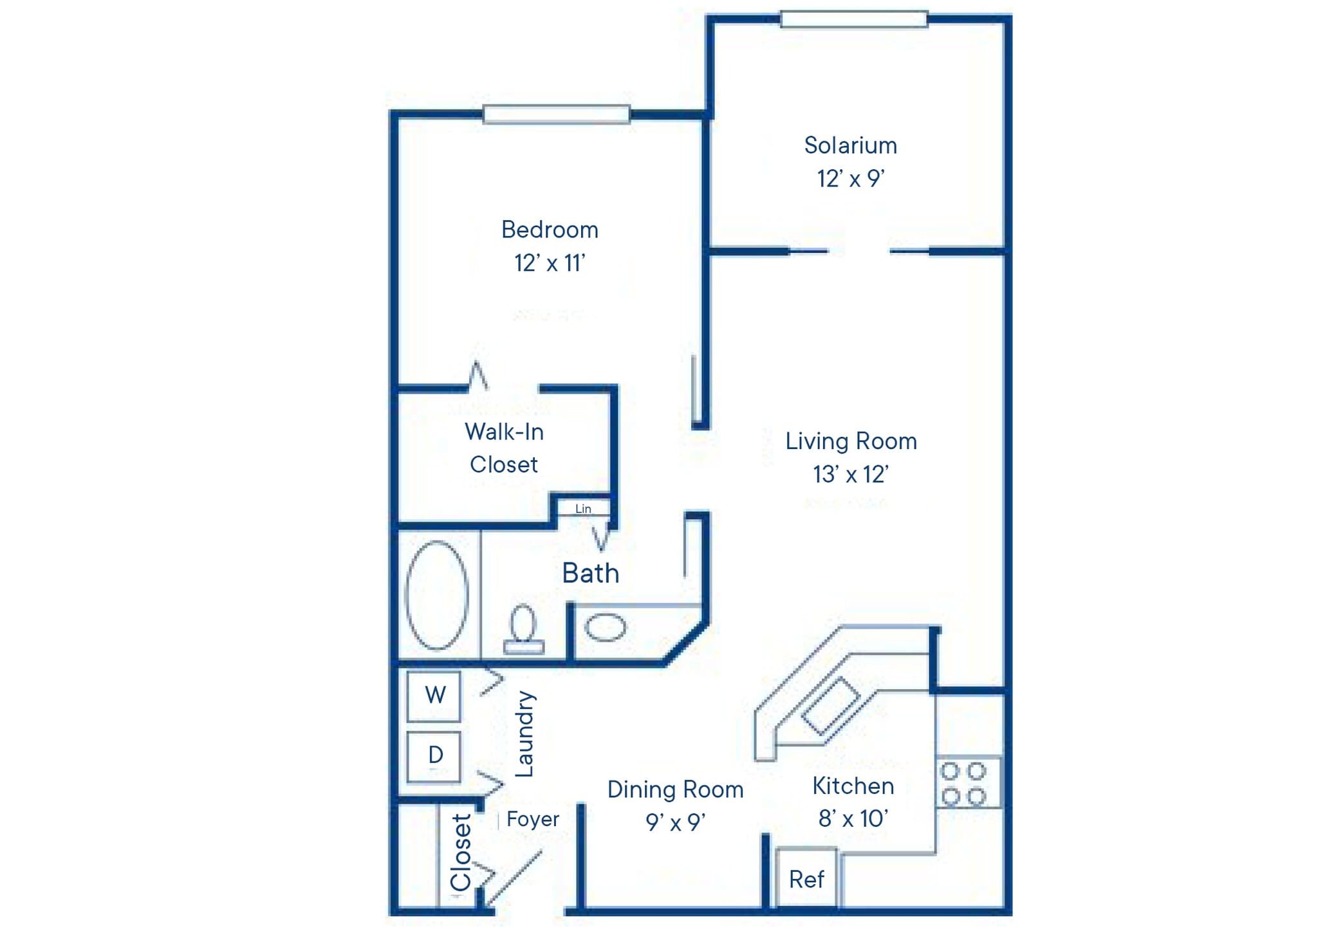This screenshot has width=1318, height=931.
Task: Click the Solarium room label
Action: pos(850,145)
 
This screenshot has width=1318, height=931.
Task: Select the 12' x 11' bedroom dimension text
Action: pos(549,263)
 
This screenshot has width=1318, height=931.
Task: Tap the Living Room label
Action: pos(851,441)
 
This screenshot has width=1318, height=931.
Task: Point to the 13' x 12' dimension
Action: pos(850,475)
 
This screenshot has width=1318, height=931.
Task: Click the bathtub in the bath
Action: pos(436,595)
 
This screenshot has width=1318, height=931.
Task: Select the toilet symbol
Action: pos(523,630)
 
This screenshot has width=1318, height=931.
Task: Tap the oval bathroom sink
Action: pos(604,627)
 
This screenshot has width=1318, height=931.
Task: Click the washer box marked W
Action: pos(434,696)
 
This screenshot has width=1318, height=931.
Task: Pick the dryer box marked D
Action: pos(434,755)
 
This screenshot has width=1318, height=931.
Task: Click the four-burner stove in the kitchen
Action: pos(963,782)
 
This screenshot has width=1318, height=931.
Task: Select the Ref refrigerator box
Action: pos(806,879)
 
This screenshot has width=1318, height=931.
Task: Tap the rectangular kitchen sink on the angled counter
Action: pos(830,706)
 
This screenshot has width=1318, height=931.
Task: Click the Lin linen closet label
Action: pos(583,509)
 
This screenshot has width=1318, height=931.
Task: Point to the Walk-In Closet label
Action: pos(504,448)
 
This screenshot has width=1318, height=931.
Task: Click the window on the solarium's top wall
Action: pos(854,19)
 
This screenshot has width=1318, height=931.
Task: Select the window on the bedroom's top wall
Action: pos(556,115)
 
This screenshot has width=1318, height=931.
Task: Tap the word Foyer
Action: pos(532,819)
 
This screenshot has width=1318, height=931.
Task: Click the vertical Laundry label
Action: pos(525,734)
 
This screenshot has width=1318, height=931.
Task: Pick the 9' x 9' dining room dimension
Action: pos(676,822)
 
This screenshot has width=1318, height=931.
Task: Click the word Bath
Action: pos(590,573)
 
